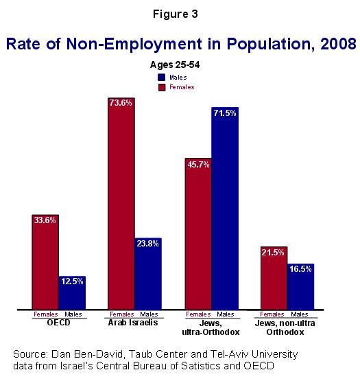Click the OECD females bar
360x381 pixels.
click(45, 262)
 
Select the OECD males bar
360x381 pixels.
click(72, 293)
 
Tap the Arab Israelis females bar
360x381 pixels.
click(121, 204)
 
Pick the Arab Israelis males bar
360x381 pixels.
click(148, 274)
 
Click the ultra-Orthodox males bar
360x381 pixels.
click(225, 208)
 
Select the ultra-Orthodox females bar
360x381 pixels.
click(198, 234)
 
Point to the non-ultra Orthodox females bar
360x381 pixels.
click(274, 278)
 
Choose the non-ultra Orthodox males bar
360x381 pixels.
click(301, 286)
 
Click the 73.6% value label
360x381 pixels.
click(121, 103)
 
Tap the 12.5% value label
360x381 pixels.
click(72, 281)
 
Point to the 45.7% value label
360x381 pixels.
click(198, 165)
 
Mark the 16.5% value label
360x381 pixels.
click(300, 269)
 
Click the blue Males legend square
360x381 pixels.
click(162, 78)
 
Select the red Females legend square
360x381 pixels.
click(162, 87)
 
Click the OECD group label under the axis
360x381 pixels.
click(58, 323)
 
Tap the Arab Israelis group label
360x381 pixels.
click(133, 323)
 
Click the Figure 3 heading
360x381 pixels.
click(176, 14)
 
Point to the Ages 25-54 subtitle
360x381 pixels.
click(175, 65)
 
